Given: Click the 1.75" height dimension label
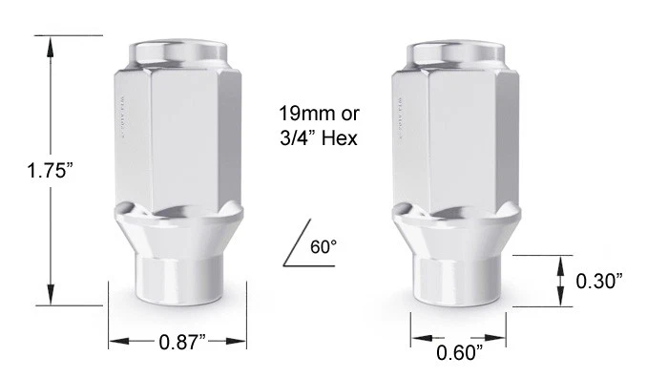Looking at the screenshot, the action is point(50,171).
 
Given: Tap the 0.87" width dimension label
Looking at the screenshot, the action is point(182,342).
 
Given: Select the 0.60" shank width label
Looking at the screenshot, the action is point(459,353).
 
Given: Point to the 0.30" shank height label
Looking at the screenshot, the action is point(599,282).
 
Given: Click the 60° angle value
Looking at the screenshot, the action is point(323,247).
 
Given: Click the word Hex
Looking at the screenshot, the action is point(339,137).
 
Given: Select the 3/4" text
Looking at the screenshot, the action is point(298,137).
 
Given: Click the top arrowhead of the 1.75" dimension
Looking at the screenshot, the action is point(51,47).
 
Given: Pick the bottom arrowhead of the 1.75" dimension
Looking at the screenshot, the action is point(51,294).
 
